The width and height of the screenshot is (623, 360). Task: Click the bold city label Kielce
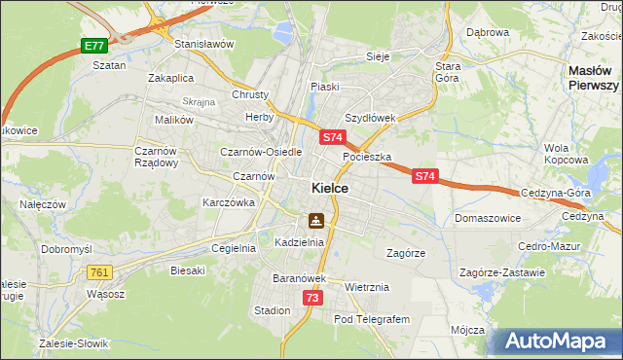click(330, 188)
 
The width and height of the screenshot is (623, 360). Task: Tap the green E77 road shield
click(93, 46)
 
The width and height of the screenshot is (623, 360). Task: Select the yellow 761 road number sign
click(99, 273)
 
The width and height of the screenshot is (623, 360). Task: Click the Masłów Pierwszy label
click(594, 79)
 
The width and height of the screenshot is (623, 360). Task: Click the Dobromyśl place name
click(65, 249)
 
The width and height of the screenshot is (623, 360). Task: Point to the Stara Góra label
click(448, 72)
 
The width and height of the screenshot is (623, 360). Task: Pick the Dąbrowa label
click(488, 32)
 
